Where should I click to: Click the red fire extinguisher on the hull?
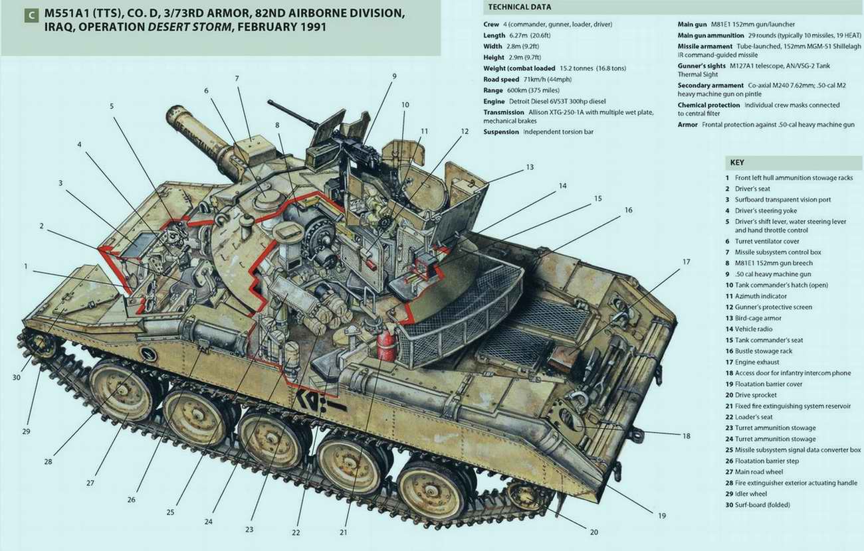click(386, 347)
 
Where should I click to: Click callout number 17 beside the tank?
click(686, 262)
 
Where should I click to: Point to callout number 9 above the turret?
click(393, 76)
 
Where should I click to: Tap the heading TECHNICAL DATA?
click(519, 7)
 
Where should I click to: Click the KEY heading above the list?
click(737, 163)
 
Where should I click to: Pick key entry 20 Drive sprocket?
click(757, 395)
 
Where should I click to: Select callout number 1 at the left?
click(27, 266)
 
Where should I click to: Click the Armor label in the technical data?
click(688, 124)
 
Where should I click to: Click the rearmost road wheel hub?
click(425, 490)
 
